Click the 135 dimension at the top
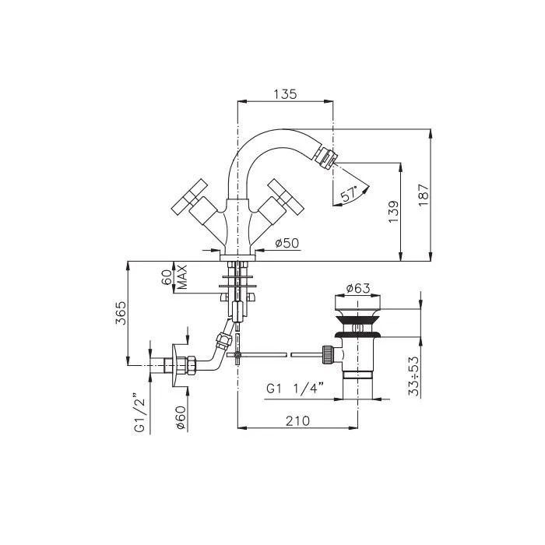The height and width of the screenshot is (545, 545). click(285, 94)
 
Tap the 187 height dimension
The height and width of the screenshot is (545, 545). click(424, 195)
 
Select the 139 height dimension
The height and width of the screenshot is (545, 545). click(394, 212)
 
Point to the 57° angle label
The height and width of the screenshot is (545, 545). click(349, 194)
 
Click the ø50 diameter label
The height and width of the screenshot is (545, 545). click(287, 243)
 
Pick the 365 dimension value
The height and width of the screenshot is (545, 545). click(121, 313)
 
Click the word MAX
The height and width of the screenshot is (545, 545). click(181, 277)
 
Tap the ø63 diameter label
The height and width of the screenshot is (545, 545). click(358, 288)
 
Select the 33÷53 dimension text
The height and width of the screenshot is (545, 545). click(414, 376)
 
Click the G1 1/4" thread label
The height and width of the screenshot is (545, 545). click(295, 389)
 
